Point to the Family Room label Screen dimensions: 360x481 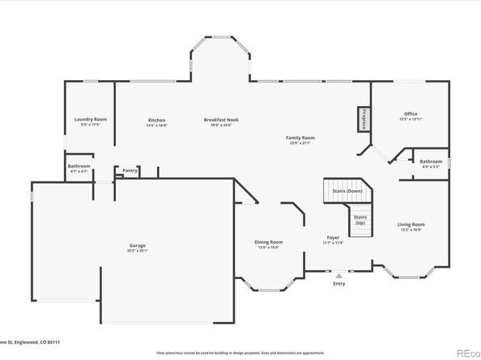click(300, 138)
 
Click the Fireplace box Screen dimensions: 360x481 click(364, 118)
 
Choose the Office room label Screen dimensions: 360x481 click(411, 114)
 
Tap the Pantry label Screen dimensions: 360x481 click(130, 171)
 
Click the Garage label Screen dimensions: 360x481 click(138, 245)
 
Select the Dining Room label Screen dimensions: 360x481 click(269, 241)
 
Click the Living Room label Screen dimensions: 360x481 click(411, 224)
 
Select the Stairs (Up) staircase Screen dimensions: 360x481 click(360, 218)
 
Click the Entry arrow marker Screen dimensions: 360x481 click(338, 276)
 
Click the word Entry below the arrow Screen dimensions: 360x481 click(338, 284)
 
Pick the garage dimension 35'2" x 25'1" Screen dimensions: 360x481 click(138, 250)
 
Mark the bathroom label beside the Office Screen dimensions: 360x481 click(431, 161)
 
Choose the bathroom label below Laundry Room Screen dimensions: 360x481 click(79, 166)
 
